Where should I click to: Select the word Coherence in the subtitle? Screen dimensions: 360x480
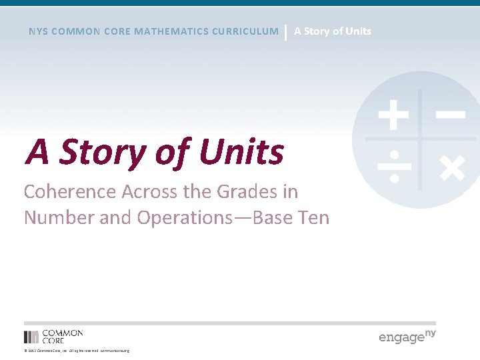(70, 191)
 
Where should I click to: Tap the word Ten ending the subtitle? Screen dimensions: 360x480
(311, 217)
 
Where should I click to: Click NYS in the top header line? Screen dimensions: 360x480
(38, 31)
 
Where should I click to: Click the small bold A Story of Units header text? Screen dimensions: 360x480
(333, 31)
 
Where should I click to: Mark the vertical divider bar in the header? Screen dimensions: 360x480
(286, 31)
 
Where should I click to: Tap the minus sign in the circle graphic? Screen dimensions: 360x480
(451, 115)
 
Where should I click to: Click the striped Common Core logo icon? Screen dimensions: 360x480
(31, 337)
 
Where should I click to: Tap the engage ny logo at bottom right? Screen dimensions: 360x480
(407, 336)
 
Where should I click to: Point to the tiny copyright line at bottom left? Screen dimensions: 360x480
(77, 351)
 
